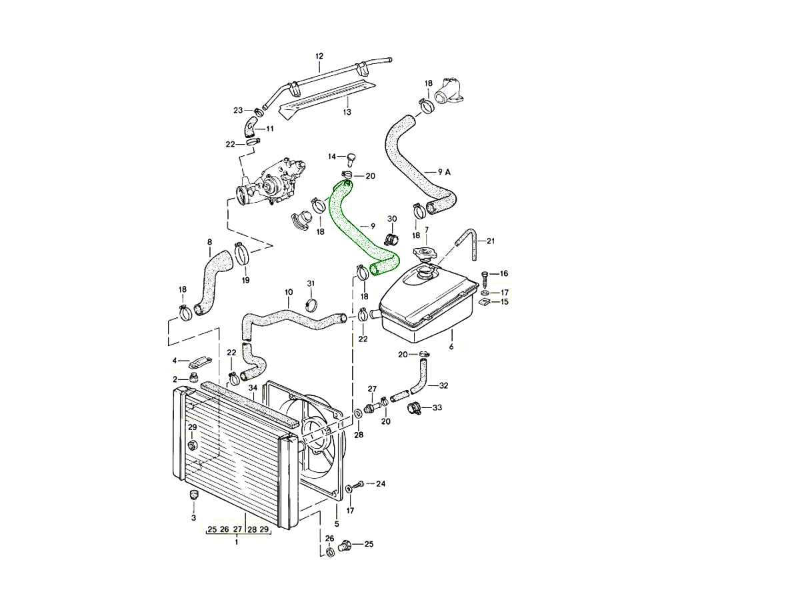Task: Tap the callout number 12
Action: pos(319,56)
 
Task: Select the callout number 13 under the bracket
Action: pos(347,112)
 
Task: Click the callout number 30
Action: pos(392,219)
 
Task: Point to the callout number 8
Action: pos(209,242)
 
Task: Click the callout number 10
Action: pos(289,293)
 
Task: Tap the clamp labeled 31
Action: pos(310,305)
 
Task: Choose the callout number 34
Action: pos(253,388)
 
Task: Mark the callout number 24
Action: pos(381,483)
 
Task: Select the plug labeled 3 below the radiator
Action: pos(195,495)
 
